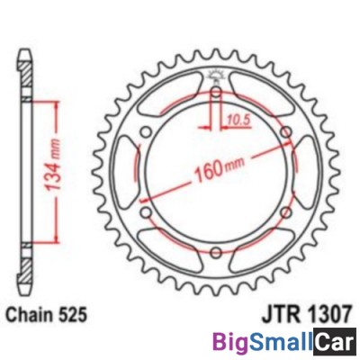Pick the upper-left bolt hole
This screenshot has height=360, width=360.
pyautogui.click(x=148, y=135)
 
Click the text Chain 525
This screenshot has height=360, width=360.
pyautogui.click(x=46, y=318)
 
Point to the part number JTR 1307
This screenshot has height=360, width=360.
pyautogui.click(x=305, y=318)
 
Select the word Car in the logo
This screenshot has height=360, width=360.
pyautogui.click(x=334, y=343)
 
